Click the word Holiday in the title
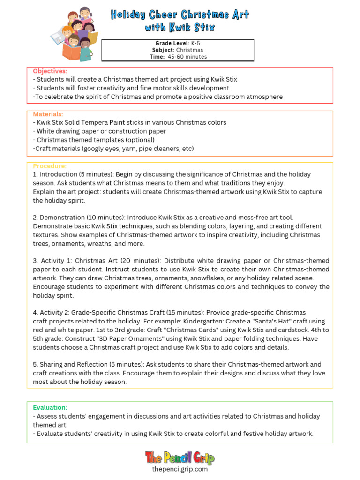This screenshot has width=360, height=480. tap(128, 15)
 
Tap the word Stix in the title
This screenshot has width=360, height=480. tap(204, 27)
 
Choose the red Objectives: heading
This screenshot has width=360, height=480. tap(50, 71)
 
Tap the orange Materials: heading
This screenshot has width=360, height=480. tap(48, 114)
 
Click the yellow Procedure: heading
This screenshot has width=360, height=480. tap(50, 166)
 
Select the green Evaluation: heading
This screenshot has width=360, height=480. tap(50, 407)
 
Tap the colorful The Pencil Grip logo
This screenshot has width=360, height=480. tap(180, 457)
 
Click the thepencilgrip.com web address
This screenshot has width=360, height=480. tap(180, 469)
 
